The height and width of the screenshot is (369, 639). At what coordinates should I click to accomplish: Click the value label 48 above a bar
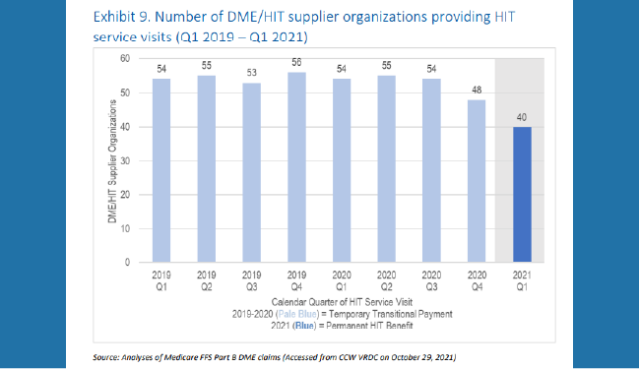477,91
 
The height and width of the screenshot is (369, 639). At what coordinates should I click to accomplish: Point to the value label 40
522,118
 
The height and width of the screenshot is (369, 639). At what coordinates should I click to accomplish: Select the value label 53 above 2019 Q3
252,74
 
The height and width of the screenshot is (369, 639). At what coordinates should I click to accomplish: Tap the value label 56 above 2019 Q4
297,63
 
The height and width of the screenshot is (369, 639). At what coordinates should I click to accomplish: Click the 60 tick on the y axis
124,59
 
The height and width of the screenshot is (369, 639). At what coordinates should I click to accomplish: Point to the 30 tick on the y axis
124,160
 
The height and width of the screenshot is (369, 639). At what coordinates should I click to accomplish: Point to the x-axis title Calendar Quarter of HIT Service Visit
341,301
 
